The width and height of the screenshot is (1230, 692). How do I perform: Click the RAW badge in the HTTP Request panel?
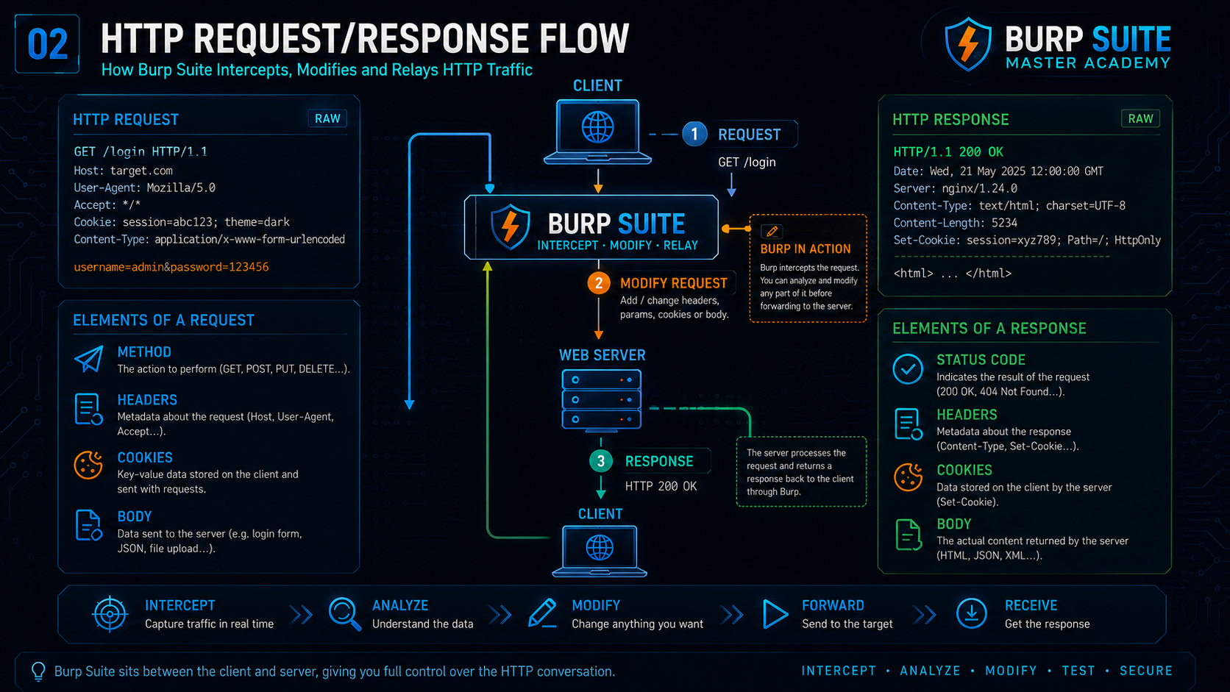(x=327, y=118)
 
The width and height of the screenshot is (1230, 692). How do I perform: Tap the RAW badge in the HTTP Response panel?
(x=1140, y=118)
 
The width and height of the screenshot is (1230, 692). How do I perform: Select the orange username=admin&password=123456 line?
(x=171, y=267)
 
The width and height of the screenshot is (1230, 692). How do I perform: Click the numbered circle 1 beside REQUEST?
(x=694, y=135)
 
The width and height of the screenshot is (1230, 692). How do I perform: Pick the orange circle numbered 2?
(x=599, y=283)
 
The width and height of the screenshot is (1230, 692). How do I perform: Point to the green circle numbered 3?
(x=601, y=461)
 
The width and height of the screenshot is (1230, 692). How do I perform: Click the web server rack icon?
(x=601, y=399)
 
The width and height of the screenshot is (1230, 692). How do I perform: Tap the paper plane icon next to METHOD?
(x=89, y=359)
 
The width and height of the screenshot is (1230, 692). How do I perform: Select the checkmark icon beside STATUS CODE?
(x=908, y=368)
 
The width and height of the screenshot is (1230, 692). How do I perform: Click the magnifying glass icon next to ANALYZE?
(x=345, y=613)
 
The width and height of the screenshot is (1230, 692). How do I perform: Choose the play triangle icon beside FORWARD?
(x=775, y=613)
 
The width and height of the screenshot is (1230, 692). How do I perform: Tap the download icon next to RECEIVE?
(x=971, y=613)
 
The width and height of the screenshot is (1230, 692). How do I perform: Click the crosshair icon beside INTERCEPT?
(x=110, y=613)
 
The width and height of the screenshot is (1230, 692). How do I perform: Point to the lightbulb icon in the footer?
(x=38, y=671)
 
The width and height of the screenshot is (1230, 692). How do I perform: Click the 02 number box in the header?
(x=47, y=44)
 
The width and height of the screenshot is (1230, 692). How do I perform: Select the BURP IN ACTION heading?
(x=805, y=249)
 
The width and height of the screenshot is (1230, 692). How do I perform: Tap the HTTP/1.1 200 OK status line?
(x=948, y=152)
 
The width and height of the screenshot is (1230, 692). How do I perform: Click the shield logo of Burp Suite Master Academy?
(x=967, y=44)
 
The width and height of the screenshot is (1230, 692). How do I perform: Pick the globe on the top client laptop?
(x=597, y=127)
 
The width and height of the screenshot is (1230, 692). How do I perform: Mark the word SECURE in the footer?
(x=1146, y=671)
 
